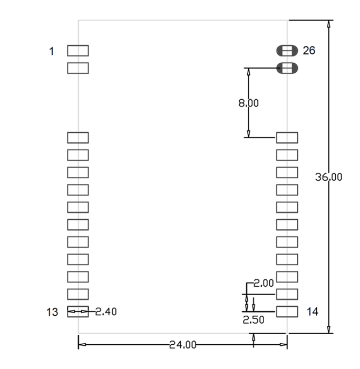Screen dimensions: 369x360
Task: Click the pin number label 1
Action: pos(52,51)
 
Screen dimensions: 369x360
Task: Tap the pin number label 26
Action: pos(309,51)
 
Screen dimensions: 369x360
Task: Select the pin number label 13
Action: pos(52,312)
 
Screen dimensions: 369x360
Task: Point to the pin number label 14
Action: pos(312,312)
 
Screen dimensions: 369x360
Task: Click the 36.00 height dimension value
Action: pos(329,177)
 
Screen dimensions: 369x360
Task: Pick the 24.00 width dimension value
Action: pos(182,345)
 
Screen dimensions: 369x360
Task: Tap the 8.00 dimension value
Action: pos(248,103)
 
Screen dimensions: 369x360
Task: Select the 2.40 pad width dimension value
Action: pos(106,312)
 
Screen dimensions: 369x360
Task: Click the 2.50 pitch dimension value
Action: pos(253,319)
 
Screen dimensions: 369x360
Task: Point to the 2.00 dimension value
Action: pos(263,283)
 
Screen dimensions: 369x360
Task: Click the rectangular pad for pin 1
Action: pos(78,51)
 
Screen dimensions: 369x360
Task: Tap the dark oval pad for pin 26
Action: pos(287,51)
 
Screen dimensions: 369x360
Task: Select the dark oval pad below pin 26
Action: pos(287,68)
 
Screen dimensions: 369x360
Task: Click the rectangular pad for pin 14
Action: pos(287,311)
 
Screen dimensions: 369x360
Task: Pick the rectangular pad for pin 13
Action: pos(78,312)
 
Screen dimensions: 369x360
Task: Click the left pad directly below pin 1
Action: pos(78,68)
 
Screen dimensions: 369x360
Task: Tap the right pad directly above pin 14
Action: pos(287,294)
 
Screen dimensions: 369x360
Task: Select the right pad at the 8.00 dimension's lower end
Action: pos(287,138)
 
